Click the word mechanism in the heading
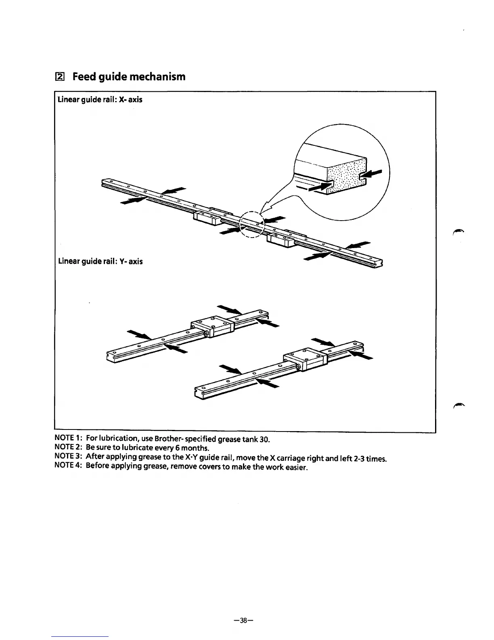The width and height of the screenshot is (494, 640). click(158, 76)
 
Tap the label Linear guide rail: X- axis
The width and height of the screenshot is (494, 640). click(100, 99)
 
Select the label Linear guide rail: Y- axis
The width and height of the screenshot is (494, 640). click(100, 261)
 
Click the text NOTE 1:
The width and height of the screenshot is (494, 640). click(69, 438)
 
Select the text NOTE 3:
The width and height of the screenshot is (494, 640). click(69, 457)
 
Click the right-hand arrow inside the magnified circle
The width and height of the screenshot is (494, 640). click(374, 173)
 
